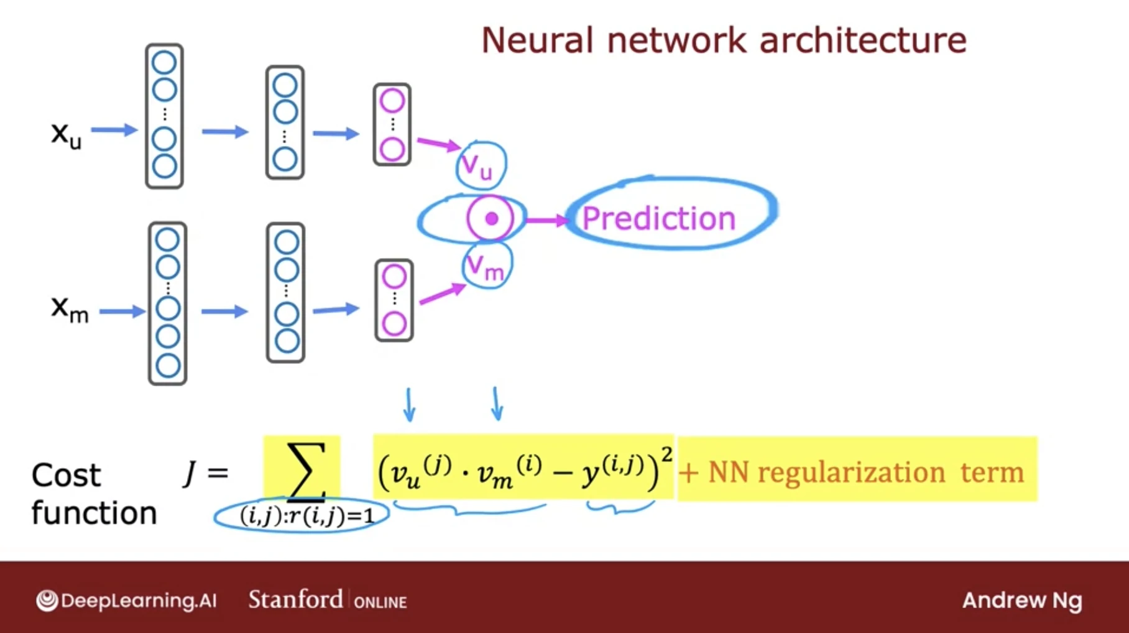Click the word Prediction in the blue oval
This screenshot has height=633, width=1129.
click(658, 218)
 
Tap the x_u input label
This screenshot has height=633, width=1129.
click(66, 134)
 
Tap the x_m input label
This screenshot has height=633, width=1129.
click(70, 308)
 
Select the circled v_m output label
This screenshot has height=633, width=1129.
click(486, 267)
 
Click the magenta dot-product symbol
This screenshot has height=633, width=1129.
click(491, 218)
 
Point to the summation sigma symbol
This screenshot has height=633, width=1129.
click(306, 471)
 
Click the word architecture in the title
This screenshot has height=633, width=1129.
click(863, 40)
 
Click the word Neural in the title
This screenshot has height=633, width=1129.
click(539, 40)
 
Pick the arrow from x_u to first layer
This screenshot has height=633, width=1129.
click(114, 130)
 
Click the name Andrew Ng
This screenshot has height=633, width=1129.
click(1022, 600)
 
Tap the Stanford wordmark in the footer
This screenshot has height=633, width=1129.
click(295, 599)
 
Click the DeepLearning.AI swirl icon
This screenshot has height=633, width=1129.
click(47, 601)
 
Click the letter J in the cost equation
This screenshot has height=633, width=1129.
click(190, 473)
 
